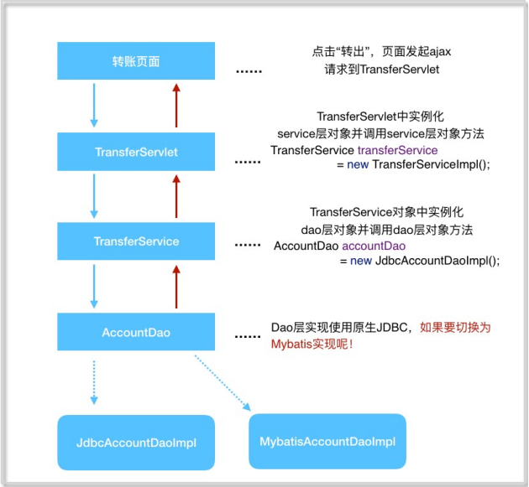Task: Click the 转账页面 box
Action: (136, 60)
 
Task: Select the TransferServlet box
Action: (136, 152)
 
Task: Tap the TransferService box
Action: (136, 241)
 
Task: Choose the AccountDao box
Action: (136, 332)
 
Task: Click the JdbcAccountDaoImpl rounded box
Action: (136, 443)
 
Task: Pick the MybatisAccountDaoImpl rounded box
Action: (327, 441)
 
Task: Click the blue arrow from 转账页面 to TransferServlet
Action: (94, 106)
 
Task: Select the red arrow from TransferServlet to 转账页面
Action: (176, 106)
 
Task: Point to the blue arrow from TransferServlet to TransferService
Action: (94, 196)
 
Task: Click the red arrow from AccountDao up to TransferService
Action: (176, 287)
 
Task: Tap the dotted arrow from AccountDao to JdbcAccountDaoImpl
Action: (94, 382)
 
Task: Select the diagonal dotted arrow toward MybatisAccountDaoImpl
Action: (223, 383)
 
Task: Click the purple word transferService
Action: (397, 150)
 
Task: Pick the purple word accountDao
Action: (374, 246)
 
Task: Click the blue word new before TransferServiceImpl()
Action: (358, 164)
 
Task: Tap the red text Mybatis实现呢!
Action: (312, 344)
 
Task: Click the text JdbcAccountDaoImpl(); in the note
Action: (437, 261)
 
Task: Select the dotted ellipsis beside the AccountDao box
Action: (248, 336)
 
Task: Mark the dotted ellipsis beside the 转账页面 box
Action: (249, 71)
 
